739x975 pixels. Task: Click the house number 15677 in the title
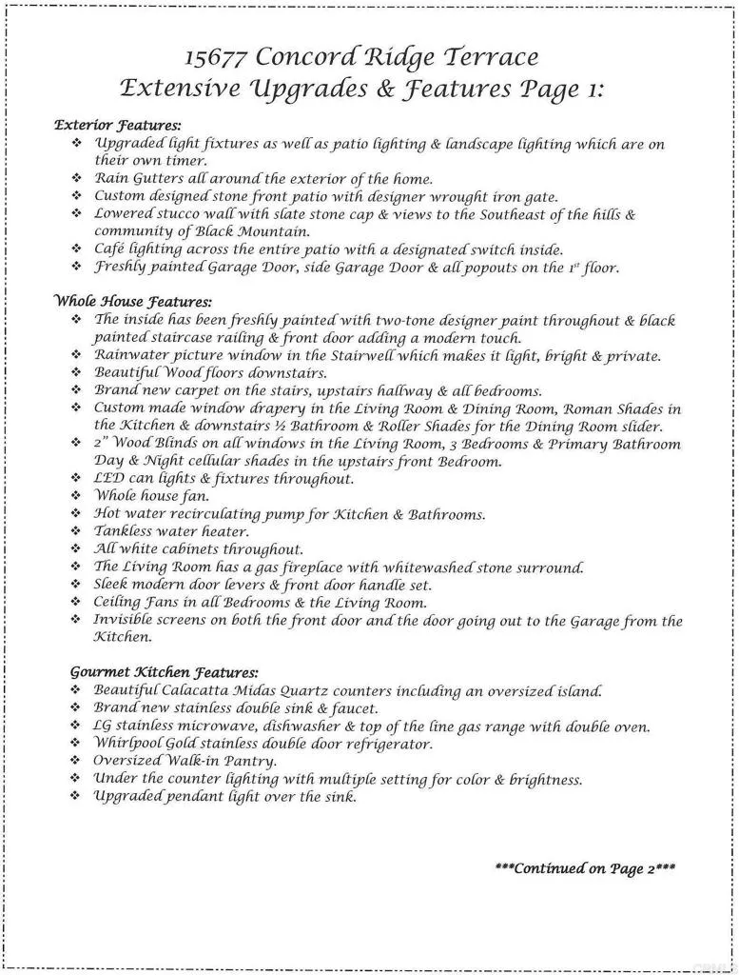point(216,58)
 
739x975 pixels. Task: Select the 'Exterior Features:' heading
point(118,125)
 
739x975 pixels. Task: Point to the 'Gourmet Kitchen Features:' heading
point(164,672)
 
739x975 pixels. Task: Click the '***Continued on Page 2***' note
point(585,868)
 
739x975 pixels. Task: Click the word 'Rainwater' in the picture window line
point(131,355)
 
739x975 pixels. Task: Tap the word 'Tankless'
point(124,531)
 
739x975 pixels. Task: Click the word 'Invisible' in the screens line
point(126,620)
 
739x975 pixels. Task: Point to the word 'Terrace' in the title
point(489,58)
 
